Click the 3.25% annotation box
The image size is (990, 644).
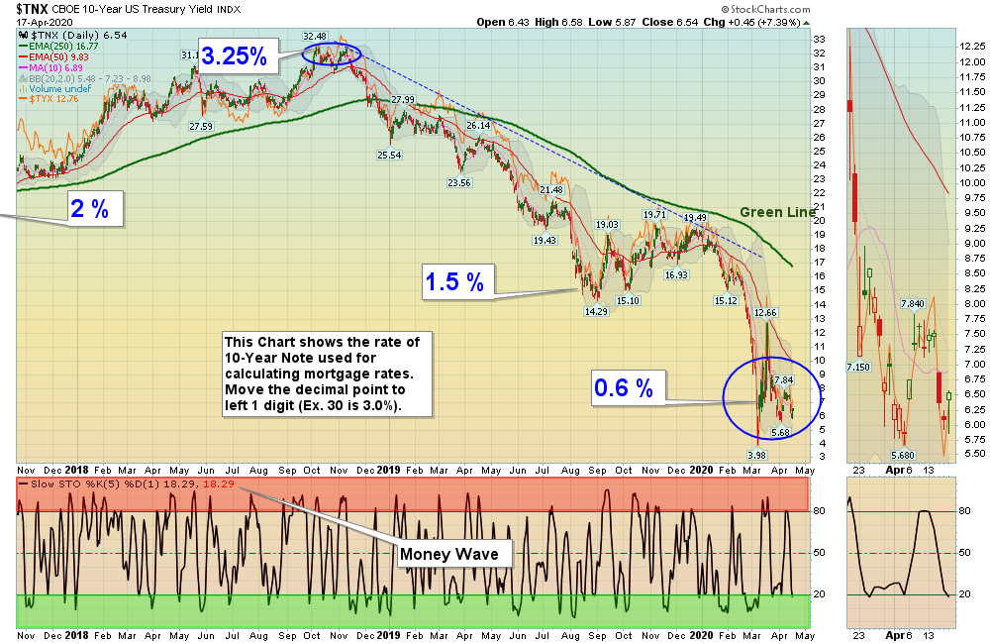tap(234, 56)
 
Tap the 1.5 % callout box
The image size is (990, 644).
tap(454, 282)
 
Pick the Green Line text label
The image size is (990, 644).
tap(778, 212)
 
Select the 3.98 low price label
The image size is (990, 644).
tap(756, 454)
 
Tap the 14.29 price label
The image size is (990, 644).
tap(596, 311)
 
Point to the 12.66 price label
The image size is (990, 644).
tap(765, 313)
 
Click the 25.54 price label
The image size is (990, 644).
tap(389, 156)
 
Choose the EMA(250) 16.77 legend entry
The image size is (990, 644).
tap(65, 46)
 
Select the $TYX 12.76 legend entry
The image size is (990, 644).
tap(55, 99)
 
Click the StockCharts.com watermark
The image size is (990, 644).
tap(938, 9)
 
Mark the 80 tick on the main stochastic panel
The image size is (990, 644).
tap(819, 512)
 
